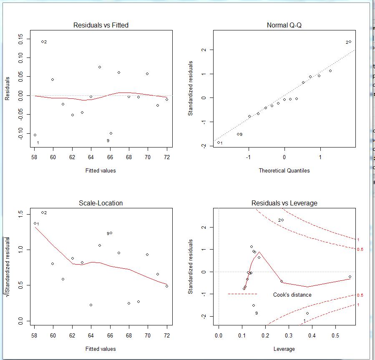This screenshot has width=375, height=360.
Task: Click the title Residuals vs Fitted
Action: point(101,25)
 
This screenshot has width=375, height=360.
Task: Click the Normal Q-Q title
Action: point(284,25)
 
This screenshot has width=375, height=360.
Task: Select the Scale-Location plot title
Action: point(101,203)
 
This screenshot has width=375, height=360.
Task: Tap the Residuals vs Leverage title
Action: point(284,203)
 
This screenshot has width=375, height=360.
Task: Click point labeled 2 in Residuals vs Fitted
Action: point(42,42)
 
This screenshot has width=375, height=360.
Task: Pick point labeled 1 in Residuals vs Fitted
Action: point(35,135)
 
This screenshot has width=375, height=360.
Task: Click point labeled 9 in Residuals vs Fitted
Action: point(111,133)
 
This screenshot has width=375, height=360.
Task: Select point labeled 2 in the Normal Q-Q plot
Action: point(350,42)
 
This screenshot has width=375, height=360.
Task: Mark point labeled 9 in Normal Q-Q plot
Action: point(238,134)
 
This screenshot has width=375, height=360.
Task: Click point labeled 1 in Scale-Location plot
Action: point(35,223)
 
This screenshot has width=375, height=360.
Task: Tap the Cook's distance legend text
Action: point(292,295)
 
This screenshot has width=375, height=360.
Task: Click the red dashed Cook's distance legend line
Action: point(242,294)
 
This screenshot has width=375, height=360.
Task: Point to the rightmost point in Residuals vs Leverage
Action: point(350,277)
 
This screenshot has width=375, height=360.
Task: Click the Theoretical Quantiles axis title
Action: point(284,170)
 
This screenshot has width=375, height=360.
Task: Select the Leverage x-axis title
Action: point(284,349)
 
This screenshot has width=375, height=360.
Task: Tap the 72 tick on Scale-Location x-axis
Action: point(167,335)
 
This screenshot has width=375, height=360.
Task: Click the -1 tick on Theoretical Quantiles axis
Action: point(249,157)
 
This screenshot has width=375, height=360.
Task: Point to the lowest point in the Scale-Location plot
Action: point(91,305)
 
